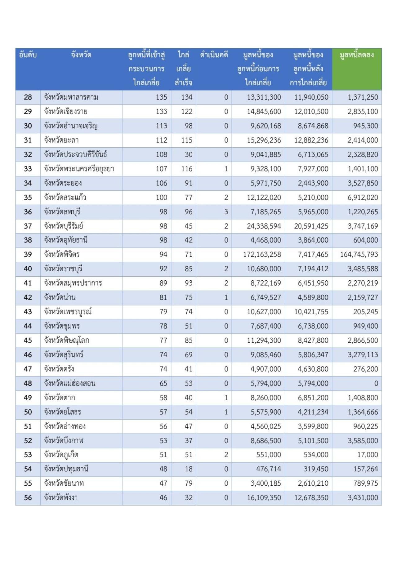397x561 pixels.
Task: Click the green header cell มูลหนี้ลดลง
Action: (x=357, y=55)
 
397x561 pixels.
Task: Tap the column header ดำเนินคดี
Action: (x=214, y=55)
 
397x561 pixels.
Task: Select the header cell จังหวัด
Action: (x=81, y=55)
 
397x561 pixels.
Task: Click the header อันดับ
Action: (x=28, y=55)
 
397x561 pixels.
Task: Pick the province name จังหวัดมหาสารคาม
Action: (x=71, y=97)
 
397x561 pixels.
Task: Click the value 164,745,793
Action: (x=359, y=255)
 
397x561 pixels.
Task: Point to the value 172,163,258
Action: (x=262, y=255)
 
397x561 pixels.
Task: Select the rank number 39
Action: (x=28, y=255)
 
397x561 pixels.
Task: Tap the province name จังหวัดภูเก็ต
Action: (x=61, y=455)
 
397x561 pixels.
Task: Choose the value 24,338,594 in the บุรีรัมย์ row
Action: (x=264, y=226)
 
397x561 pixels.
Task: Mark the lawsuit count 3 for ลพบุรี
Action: (x=226, y=212)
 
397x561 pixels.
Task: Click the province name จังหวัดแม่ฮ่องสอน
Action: (x=70, y=383)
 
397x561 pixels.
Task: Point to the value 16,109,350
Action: (x=264, y=498)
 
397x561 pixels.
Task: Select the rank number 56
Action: (x=28, y=498)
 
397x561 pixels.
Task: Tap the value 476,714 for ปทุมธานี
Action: (x=268, y=469)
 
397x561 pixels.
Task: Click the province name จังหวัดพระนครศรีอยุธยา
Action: (x=79, y=169)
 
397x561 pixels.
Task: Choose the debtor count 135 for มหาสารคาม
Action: (x=161, y=97)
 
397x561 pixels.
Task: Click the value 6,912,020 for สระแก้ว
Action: (x=363, y=198)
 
